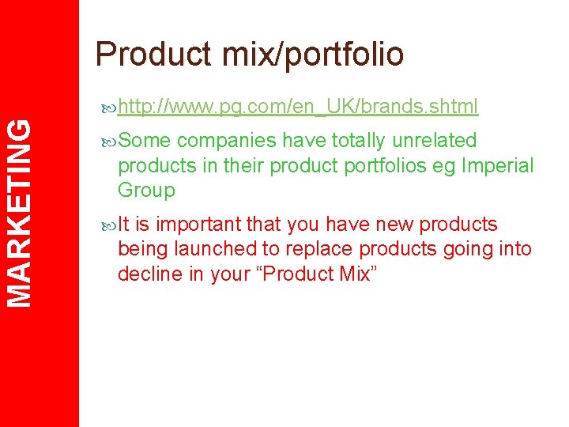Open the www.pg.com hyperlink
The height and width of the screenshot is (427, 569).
pos(298,106)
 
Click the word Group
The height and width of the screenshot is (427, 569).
pos(146,191)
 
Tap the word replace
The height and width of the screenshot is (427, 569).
pos(315,249)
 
